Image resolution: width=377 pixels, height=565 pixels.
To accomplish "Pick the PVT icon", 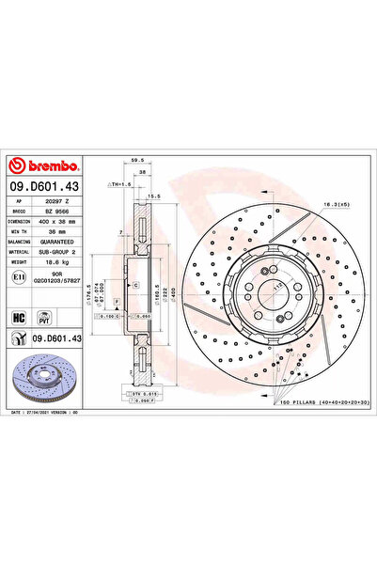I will click(x=42, y=318).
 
